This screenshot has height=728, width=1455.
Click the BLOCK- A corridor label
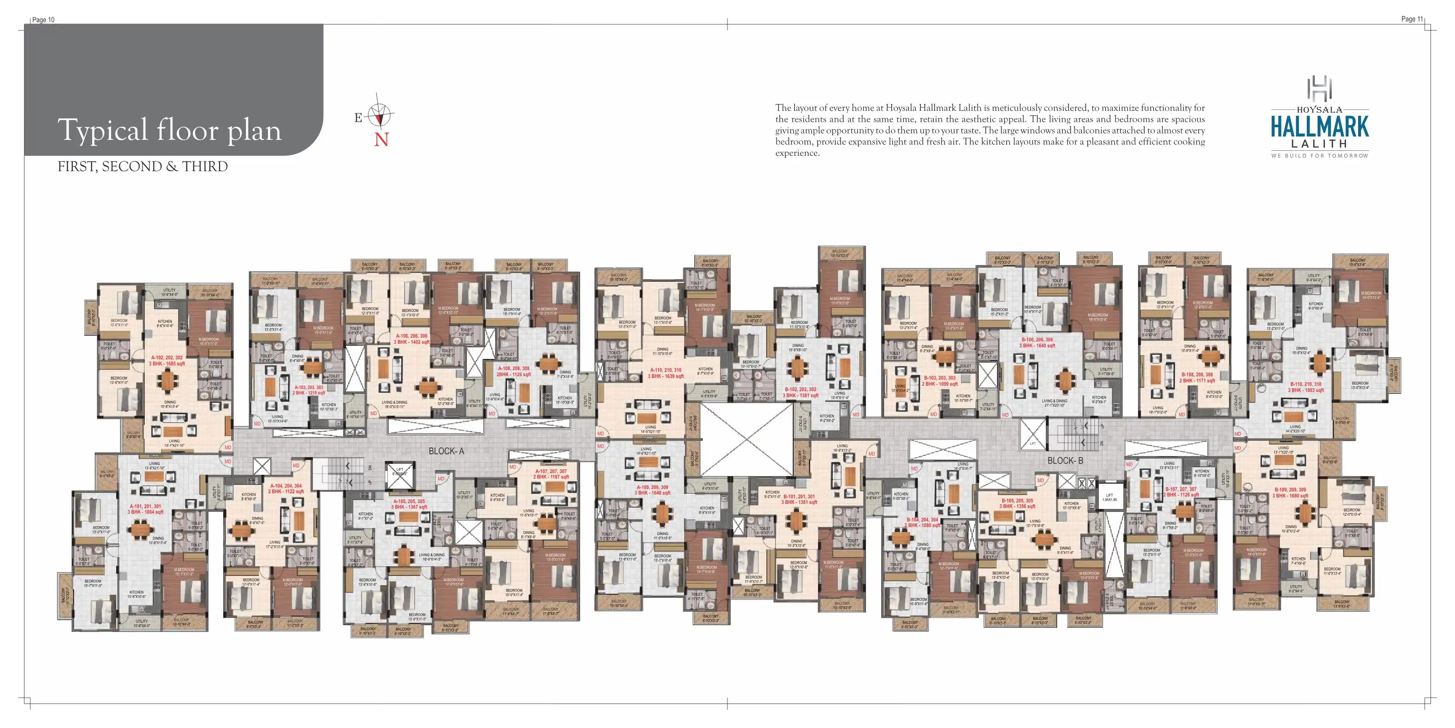tap(446, 451)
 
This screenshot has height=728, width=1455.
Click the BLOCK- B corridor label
tap(1065, 460)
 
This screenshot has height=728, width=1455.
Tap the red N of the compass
tap(381, 139)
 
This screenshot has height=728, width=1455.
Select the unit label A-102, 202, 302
tap(167, 358)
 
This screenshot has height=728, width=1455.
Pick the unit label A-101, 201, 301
tap(145, 506)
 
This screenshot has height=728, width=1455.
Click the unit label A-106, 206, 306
tap(411, 336)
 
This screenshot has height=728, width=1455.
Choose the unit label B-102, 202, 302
tap(800, 389)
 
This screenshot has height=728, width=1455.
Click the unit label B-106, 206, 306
tap(1037, 340)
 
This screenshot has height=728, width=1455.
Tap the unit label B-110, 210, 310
tap(1305, 384)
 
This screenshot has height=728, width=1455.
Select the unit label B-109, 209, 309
tap(1290, 490)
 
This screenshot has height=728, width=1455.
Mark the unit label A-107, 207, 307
tap(551, 471)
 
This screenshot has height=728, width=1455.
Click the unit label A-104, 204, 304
tap(286, 485)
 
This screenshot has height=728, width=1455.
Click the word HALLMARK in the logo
tap(1319, 127)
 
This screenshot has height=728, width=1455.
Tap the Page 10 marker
tap(43, 20)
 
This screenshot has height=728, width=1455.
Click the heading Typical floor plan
tap(169, 130)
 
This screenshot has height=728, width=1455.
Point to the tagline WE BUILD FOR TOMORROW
tap(1319, 156)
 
